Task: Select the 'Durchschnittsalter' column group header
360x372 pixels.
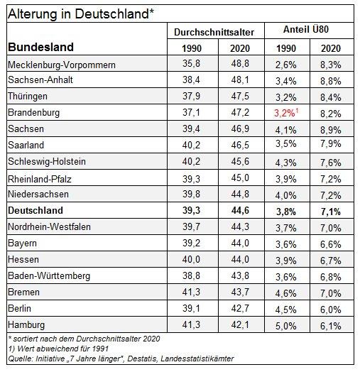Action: coord(214,32)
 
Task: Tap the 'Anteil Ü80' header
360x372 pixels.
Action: coord(306,29)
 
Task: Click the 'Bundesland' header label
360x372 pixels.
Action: coord(40,47)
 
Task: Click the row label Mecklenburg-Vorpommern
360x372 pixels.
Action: coord(62,65)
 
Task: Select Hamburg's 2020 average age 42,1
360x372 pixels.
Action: coord(240,324)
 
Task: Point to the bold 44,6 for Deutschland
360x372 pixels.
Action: coord(240,210)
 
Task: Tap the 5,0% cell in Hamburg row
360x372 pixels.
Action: coord(286,326)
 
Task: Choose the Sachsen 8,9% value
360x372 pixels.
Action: coord(331,130)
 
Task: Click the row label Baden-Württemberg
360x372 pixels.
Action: coord(49,276)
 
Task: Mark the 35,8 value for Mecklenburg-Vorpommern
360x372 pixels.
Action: coord(191,64)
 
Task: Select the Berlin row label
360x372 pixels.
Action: coord(19,308)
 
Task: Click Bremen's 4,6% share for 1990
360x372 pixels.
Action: coord(286,293)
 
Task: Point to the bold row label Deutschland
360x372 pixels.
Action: coord(36,210)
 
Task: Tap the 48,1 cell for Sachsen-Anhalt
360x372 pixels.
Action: coord(240,80)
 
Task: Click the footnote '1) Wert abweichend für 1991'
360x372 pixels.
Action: coord(58,349)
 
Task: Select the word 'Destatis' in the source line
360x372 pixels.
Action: coord(142,359)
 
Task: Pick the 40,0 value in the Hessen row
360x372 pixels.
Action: coord(191,259)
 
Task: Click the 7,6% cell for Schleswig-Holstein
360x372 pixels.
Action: coord(331,163)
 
